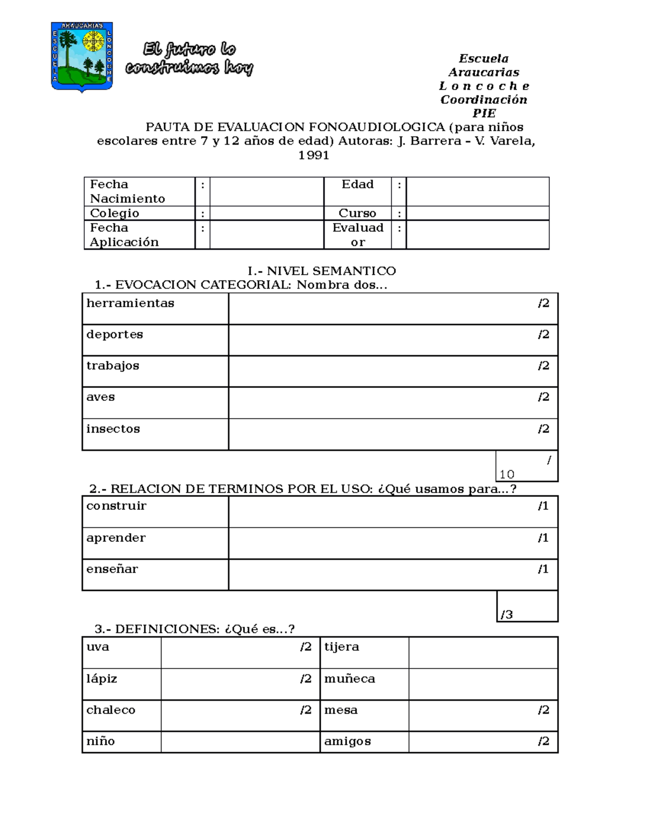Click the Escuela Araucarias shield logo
click(82, 57)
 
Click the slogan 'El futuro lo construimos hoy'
click(189, 58)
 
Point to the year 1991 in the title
click(314, 155)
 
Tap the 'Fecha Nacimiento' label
click(127, 192)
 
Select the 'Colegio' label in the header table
click(114, 213)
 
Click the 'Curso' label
click(357, 213)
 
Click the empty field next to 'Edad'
click(477, 192)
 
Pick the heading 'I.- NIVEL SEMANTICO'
click(322, 271)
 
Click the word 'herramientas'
click(130, 303)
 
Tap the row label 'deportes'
click(114, 335)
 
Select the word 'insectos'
click(113, 429)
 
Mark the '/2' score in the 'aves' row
click(543, 397)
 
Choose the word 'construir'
click(116, 506)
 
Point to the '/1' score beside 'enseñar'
click(543, 569)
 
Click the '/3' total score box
click(526, 607)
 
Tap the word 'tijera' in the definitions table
click(341, 647)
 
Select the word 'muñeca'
click(349, 679)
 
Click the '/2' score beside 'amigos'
click(543, 741)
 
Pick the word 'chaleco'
click(111, 710)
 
